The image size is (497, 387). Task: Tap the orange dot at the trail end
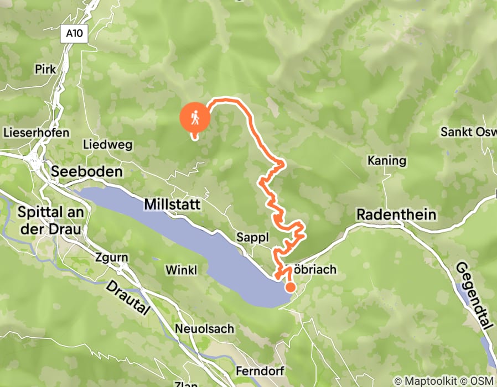click(289, 286)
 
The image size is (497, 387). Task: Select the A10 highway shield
click(74, 34)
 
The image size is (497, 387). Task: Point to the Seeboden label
click(87, 172)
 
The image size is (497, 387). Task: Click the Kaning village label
click(387, 161)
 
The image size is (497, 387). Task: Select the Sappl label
click(252, 237)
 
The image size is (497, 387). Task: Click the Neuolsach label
click(204, 328)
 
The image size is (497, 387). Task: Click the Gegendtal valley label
click(474, 296)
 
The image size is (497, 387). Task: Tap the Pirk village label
click(45, 70)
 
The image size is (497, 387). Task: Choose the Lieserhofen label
click(36, 133)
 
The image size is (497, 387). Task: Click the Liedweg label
click(107, 145)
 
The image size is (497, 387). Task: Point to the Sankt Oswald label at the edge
click(468, 132)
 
